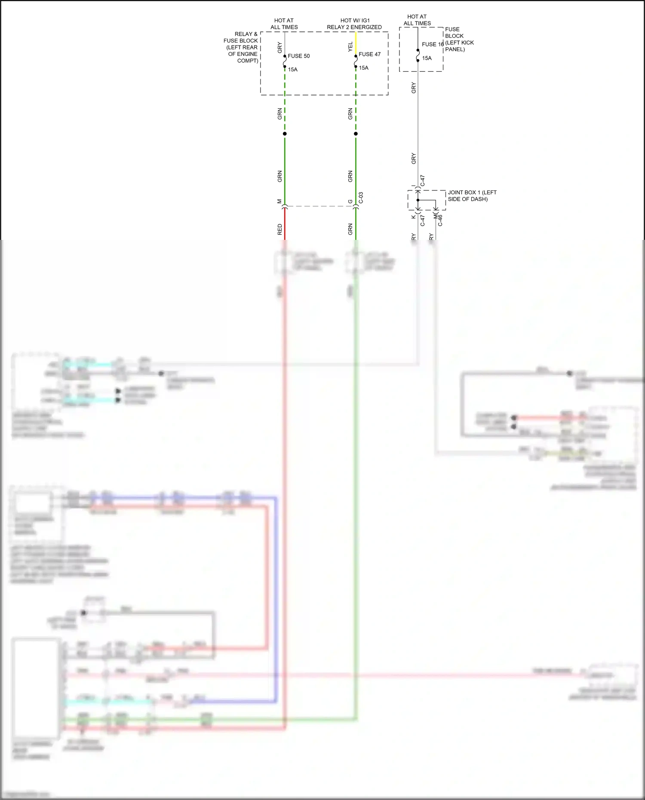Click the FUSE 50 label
(x=298, y=56)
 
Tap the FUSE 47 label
(x=369, y=54)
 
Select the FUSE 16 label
(x=432, y=44)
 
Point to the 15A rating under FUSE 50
(x=292, y=70)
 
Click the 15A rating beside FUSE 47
(x=364, y=68)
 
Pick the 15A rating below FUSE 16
(x=427, y=58)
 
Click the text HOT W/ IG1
(x=355, y=20)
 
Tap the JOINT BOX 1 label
(x=472, y=193)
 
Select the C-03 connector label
(x=361, y=198)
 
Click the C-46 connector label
(x=440, y=221)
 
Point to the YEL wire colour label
(x=350, y=47)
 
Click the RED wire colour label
(x=280, y=229)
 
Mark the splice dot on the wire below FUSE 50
(x=285, y=134)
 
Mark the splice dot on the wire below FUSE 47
(x=356, y=134)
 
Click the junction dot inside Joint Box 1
(x=418, y=200)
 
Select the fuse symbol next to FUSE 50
(x=285, y=61)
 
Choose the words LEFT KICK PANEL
(x=459, y=46)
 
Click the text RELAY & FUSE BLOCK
(x=241, y=37)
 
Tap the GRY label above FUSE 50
(x=280, y=47)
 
